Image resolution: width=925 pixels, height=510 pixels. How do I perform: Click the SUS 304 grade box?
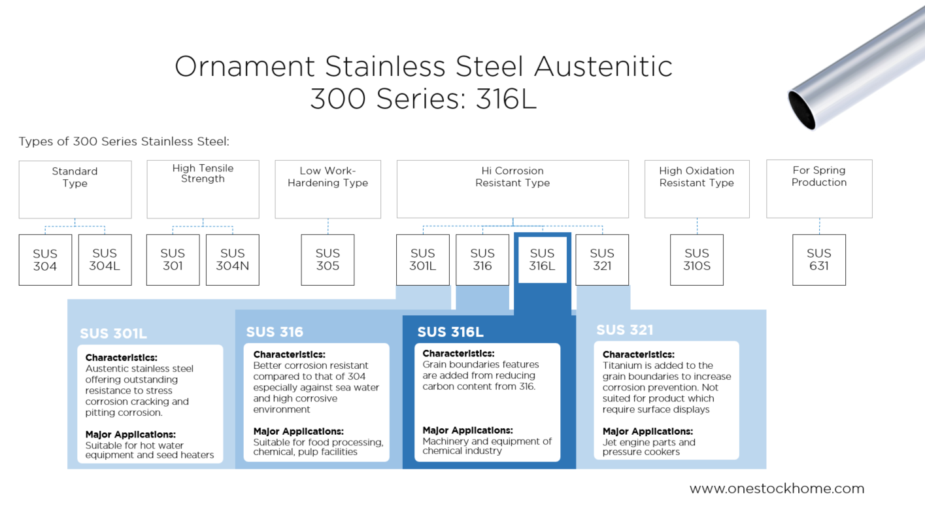tap(45, 260)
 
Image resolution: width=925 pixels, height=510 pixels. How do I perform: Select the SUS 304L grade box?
tap(105, 260)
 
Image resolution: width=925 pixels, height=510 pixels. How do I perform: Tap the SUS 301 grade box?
tap(173, 260)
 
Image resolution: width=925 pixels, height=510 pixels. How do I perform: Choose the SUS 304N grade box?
tap(232, 260)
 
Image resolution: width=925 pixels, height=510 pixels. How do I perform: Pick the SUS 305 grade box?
tap(328, 260)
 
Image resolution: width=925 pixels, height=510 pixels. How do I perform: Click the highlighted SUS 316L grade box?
tap(542, 260)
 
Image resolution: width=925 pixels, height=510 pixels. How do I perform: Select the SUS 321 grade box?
tap(602, 260)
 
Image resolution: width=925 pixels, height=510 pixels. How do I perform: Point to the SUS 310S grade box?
tap(697, 260)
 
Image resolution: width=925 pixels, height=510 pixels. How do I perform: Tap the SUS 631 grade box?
tap(818, 260)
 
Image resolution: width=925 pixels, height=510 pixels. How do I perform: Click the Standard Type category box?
tap(75, 189)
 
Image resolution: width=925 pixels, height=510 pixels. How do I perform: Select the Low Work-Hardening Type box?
tap(328, 189)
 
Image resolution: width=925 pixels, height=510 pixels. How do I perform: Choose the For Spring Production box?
tap(819, 188)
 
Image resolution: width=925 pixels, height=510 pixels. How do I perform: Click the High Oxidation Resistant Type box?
tap(697, 189)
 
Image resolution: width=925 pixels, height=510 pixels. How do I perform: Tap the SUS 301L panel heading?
tap(113, 334)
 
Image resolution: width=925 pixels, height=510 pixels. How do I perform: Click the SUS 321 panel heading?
tap(624, 330)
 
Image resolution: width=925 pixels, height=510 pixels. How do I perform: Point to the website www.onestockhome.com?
tap(777, 488)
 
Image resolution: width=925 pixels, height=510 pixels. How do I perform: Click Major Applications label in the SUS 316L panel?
tap(467, 430)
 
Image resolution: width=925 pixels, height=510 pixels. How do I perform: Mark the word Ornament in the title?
tap(244, 67)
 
